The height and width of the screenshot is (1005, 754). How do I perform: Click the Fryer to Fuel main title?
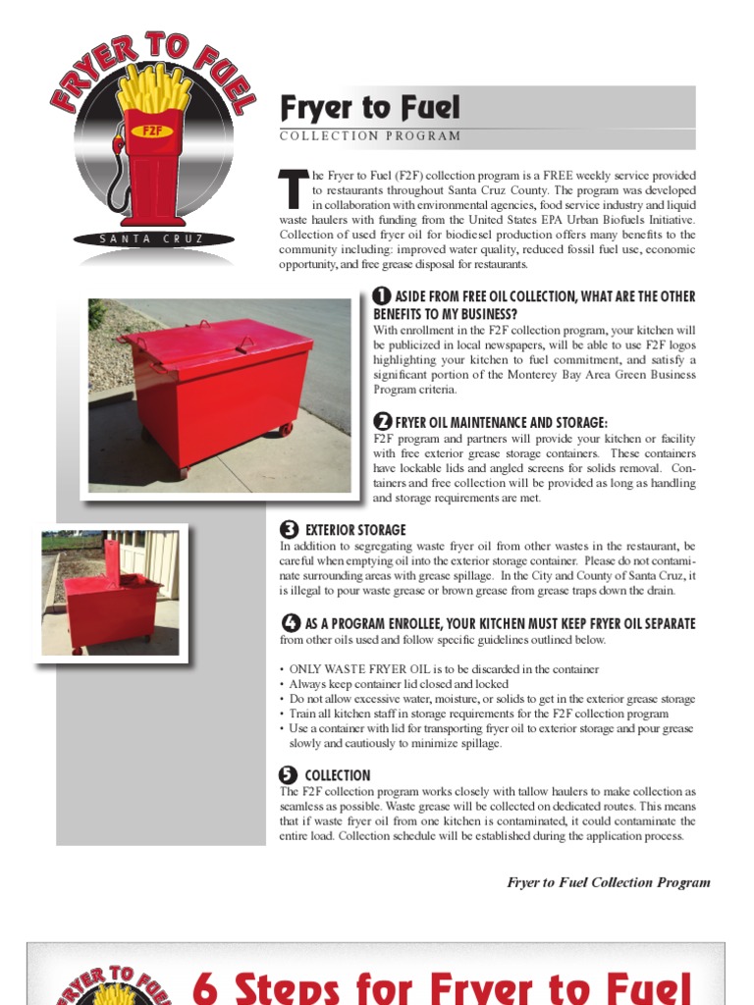pos(370,107)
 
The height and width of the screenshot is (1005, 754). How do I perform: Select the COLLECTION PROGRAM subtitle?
pos(370,136)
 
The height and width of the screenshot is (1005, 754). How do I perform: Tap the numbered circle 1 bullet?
pos(382,296)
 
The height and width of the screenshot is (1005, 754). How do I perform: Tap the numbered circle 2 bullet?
pos(382,421)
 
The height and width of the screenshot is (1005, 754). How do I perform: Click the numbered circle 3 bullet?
pos(289,530)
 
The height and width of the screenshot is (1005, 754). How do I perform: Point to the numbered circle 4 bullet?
pos(291,623)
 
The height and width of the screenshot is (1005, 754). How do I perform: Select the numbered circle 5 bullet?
pos(289,775)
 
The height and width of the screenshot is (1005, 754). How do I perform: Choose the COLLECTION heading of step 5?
pos(338,775)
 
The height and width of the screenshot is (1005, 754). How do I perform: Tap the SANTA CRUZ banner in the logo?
pos(151,238)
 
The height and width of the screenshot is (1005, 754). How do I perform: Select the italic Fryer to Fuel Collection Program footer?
pos(608,882)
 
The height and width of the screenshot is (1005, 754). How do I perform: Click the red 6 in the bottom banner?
pos(206,986)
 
